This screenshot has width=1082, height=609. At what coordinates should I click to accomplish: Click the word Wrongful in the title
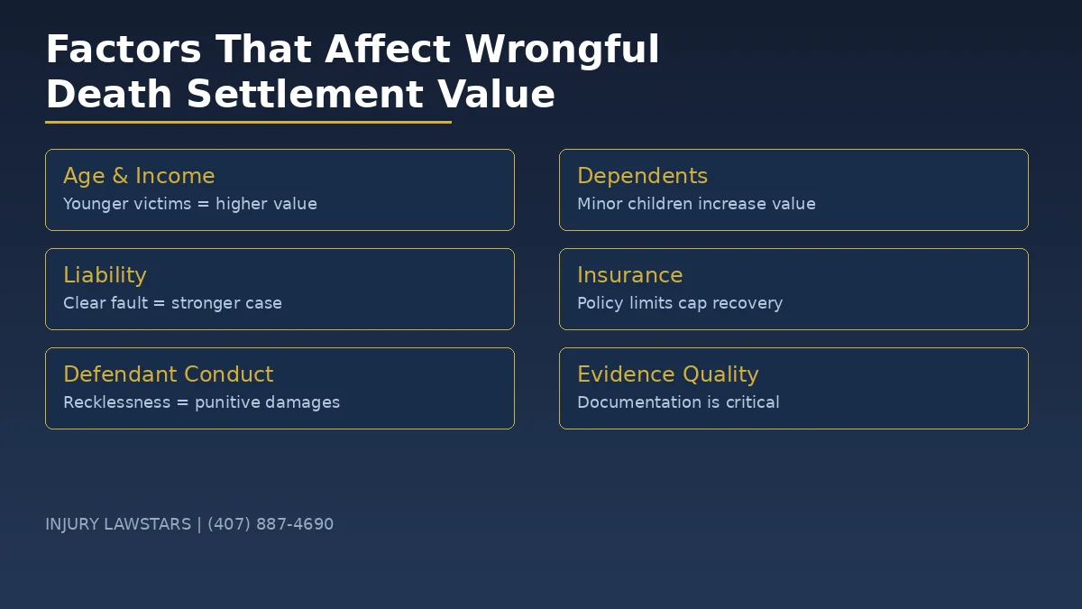pyautogui.click(x=562, y=50)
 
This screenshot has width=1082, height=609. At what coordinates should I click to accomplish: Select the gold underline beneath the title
pyautogui.click(x=248, y=122)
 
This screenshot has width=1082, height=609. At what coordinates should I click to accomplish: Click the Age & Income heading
pyautogui.click(x=139, y=176)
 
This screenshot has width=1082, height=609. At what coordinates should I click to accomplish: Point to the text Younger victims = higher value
pyautogui.click(x=190, y=204)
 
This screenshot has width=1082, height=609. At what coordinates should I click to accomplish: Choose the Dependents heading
pyautogui.click(x=642, y=176)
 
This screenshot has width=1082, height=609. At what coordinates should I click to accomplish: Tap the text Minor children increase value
pyautogui.click(x=696, y=204)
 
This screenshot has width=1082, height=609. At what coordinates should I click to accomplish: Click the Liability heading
pyautogui.click(x=105, y=275)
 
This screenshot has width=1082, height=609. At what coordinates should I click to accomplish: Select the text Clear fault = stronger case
pyautogui.click(x=172, y=303)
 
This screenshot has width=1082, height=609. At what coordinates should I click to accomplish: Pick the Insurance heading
pyautogui.click(x=629, y=275)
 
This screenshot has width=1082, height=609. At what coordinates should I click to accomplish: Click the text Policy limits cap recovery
pyautogui.click(x=680, y=303)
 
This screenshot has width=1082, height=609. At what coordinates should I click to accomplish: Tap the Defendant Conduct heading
pyautogui.click(x=168, y=374)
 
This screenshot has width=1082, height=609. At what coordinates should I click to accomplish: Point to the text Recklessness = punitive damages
pyautogui.click(x=201, y=402)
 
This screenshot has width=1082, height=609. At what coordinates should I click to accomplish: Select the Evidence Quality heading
pyautogui.click(x=667, y=374)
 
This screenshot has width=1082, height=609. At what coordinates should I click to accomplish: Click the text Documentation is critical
pyautogui.click(x=678, y=402)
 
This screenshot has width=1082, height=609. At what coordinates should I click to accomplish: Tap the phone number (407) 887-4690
pyautogui.click(x=270, y=524)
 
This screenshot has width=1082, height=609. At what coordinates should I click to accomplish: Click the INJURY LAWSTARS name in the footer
pyautogui.click(x=118, y=524)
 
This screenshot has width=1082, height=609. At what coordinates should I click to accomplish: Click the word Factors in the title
pyautogui.click(x=124, y=50)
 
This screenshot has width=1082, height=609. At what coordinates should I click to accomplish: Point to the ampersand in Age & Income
pyautogui.click(x=120, y=176)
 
